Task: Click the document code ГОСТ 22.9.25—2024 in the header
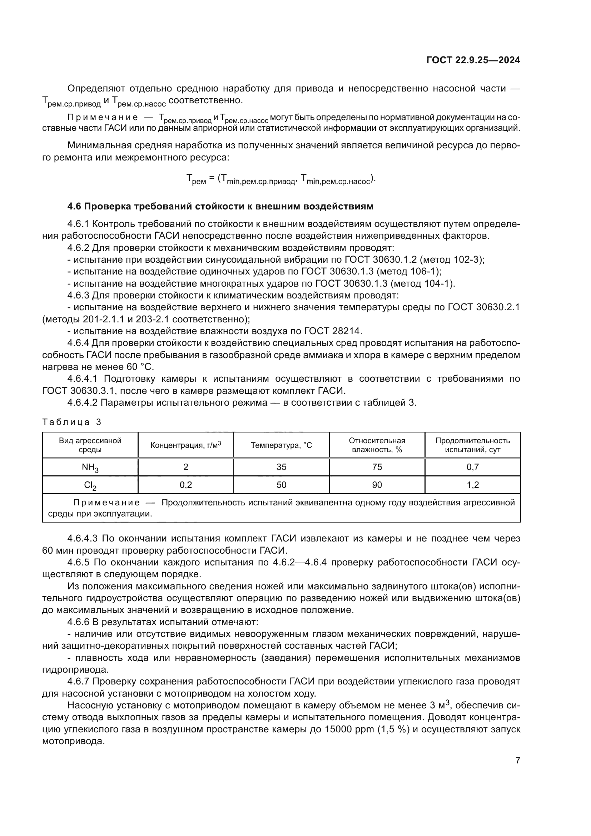(x=473, y=60)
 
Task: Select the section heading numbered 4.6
(x=220, y=207)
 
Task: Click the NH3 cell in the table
(x=90, y=467)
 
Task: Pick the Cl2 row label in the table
(x=90, y=485)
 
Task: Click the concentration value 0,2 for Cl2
(x=185, y=485)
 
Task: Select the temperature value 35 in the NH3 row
(x=281, y=467)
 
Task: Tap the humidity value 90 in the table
(x=377, y=485)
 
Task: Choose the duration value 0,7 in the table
(x=473, y=467)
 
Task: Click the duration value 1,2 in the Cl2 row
(x=473, y=485)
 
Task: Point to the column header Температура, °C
(x=281, y=445)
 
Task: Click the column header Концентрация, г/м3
(x=185, y=445)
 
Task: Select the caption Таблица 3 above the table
(x=72, y=422)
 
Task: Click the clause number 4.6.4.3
(x=82, y=538)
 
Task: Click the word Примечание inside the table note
(x=106, y=503)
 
